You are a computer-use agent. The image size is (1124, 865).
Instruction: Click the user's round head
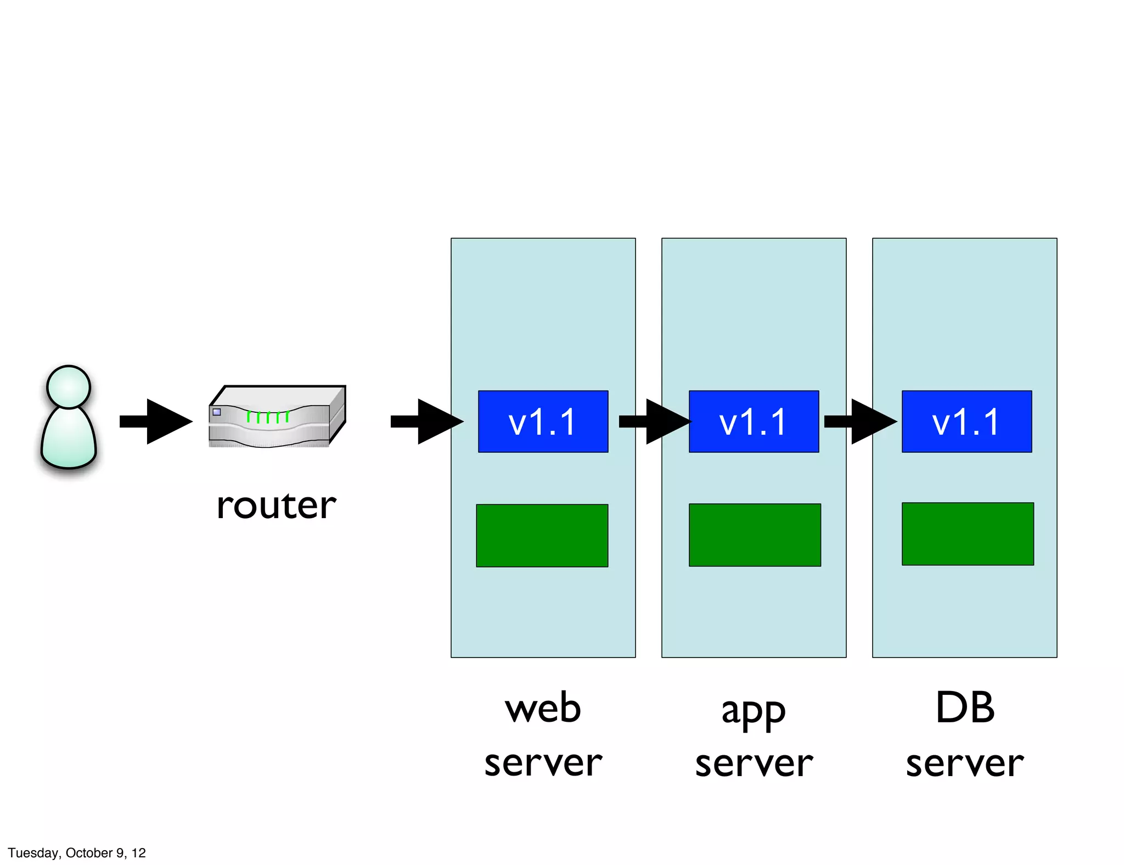click(x=69, y=386)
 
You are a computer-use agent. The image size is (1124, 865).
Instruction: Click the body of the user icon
click(x=69, y=439)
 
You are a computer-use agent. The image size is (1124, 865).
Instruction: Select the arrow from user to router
click(x=156, y=422)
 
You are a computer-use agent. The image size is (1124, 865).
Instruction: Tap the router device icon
click(x=277, y=417)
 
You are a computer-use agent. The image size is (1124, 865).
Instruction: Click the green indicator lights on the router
click(x=267, y=417)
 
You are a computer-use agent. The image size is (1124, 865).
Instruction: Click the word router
click(x=276, y=505)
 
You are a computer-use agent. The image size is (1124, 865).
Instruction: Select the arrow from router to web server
click(x=427, y=422)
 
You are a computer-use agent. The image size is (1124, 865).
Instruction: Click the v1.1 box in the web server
click(x=543, y=422)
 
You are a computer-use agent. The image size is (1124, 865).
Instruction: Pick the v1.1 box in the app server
click(x=754, y=422)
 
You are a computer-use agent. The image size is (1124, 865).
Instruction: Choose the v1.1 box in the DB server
click(x=966, y=422)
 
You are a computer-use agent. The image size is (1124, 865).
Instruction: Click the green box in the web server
click(x=542, y=535)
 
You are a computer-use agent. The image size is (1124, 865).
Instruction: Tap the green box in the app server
click(x=755, y=535)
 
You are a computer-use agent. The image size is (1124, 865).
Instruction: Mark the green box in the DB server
click(x=968, y=533)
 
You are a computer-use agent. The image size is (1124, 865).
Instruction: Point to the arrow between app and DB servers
click(x=860, y=422)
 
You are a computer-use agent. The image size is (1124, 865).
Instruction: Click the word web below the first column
click(x=543, y=707)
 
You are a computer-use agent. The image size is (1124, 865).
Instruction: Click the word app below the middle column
click(x=753, y=711)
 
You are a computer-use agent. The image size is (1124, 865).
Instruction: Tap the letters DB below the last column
click(x=965, y=707)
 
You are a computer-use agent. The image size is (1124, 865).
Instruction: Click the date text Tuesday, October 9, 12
click(x=77, y=852)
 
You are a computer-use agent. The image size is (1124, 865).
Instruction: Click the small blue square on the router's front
click(x=217, y=412)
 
